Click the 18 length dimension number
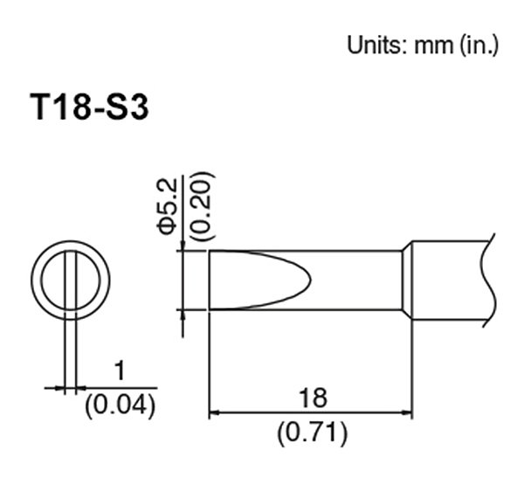click(311, 398)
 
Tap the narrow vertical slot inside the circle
click(70, 280)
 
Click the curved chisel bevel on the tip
click(297, 280)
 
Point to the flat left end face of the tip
click(209, 280)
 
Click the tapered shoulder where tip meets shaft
click(406, 280)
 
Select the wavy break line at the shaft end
click(486, 280)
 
